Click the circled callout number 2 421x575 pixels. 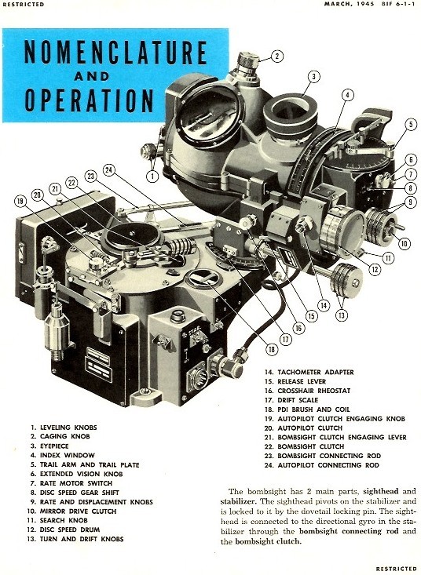277,56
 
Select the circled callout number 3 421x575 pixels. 313,77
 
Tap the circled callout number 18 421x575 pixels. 272,349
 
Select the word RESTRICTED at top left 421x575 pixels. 23,5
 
